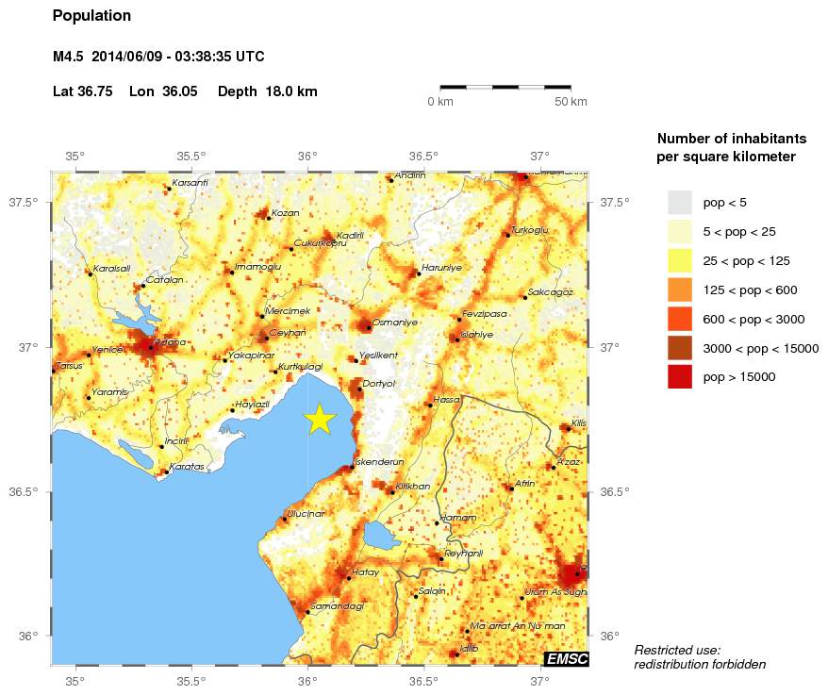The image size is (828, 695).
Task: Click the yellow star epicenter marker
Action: point(320,419)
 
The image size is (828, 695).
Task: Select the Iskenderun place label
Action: point(379,462)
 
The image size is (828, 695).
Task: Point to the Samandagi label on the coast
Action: point(337,606)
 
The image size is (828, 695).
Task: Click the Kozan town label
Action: point(285,213)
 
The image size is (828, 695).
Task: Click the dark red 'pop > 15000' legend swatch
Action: point(680,377)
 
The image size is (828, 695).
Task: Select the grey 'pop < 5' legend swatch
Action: point(680,202)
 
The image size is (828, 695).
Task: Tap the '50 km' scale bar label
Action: point(571,102)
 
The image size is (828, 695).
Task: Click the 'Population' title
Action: point(91,16)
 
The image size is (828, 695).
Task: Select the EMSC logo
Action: point(566,659)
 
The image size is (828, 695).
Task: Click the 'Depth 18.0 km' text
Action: point(267,92)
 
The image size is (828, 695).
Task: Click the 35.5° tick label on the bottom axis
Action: point(191,681)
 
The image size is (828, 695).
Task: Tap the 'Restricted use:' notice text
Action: point(677,650)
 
